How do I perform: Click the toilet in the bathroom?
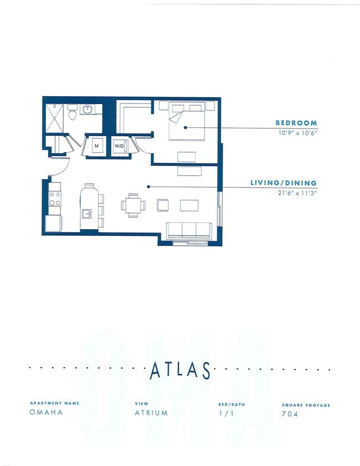click(x=72, y=113)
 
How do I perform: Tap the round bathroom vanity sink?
click(x=88, y=110)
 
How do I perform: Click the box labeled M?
click(x=96, y=146)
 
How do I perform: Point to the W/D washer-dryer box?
click(x=120, y=146)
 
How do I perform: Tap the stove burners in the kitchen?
click(x=54, y=199)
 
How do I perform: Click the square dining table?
click(x=133, y=205)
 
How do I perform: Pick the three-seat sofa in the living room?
click(x=189, y=230)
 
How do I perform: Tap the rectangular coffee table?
click(x=189, y=205)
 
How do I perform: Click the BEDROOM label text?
click(x=296, y=123)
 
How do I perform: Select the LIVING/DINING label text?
click(x=284, y=183)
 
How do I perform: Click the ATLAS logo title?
click(x=180, y=370)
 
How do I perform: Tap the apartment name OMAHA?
click(x=46, y=412)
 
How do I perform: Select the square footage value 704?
click(x=290, y=413)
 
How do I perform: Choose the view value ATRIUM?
click(x=151, y=413)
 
